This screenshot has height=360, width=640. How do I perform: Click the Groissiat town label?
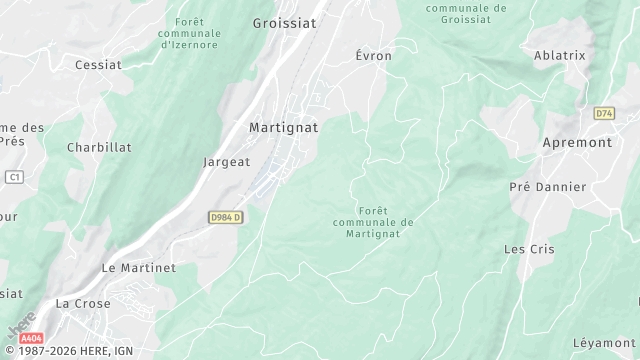coord(284,23)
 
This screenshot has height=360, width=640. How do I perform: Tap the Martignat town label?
coord(283,128)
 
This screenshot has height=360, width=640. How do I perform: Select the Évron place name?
coord(374,56)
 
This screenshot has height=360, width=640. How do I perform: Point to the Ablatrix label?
coord(560,56)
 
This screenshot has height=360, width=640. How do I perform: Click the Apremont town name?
coord(577,143)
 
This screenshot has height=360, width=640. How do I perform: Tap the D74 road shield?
coord(603,114)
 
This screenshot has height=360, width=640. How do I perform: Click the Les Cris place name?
coord(527,249)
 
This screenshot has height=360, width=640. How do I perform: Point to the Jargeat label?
coord(226,162)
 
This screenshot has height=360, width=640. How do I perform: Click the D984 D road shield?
coord(226,217)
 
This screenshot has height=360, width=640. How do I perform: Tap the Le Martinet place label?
coord(139,269)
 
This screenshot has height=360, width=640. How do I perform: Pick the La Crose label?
coord(83,303)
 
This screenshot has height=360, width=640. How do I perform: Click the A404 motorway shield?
coord(32,338)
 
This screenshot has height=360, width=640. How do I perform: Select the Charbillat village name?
coord(99,147)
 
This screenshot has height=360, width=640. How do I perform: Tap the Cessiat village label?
coord(98,65)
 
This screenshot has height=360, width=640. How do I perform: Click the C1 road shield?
coord(13,177)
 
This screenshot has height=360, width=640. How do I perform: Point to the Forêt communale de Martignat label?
coord(372,222)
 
